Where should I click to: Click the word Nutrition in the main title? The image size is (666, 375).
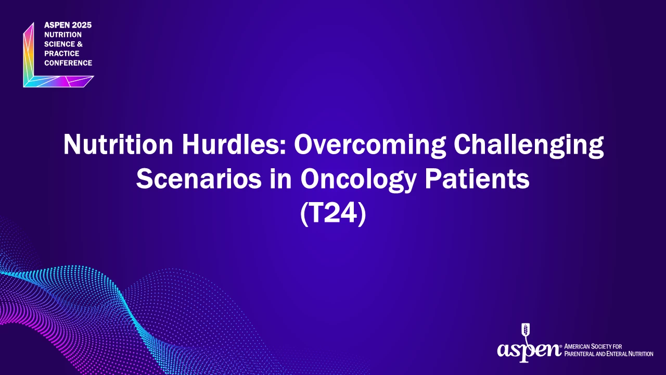tap(118, 144)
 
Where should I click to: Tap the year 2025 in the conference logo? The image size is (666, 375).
tap(82, 25)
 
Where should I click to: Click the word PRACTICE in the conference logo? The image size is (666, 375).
tap(62, 54)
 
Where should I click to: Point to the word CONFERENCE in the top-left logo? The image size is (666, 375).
tap(68, 63)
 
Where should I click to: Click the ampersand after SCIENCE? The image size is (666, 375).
tap(80, 44)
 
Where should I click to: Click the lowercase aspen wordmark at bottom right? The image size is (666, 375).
tap(529, 350)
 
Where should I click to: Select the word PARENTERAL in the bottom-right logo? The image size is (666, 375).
tap(580, 354)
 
